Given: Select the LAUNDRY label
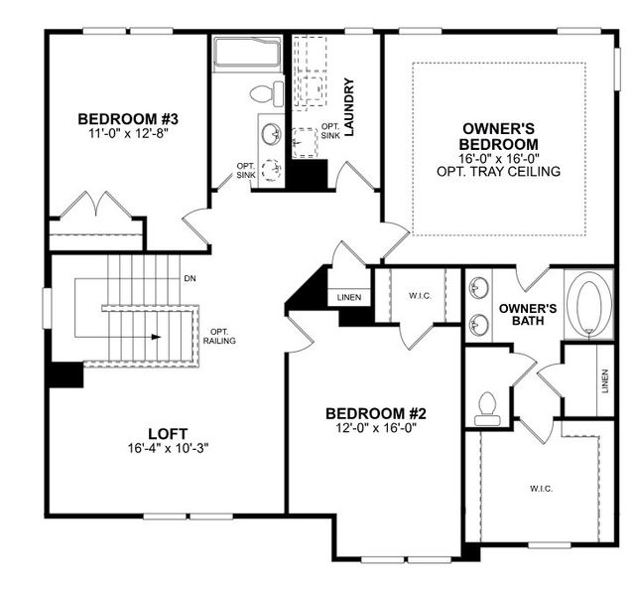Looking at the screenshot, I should pos(348,106).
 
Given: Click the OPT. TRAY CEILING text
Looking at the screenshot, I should pos(498,172).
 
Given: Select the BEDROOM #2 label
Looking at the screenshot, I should pos(375,413).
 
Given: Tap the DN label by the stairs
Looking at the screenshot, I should pos(190,279).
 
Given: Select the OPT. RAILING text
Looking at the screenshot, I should pos(220,337).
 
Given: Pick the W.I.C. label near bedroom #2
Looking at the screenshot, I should pos(417,294).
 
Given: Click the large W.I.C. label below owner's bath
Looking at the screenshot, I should pos(541,489).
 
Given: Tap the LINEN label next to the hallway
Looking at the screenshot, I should pos(349,297).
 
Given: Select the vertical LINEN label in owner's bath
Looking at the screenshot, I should pos(604,381).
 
